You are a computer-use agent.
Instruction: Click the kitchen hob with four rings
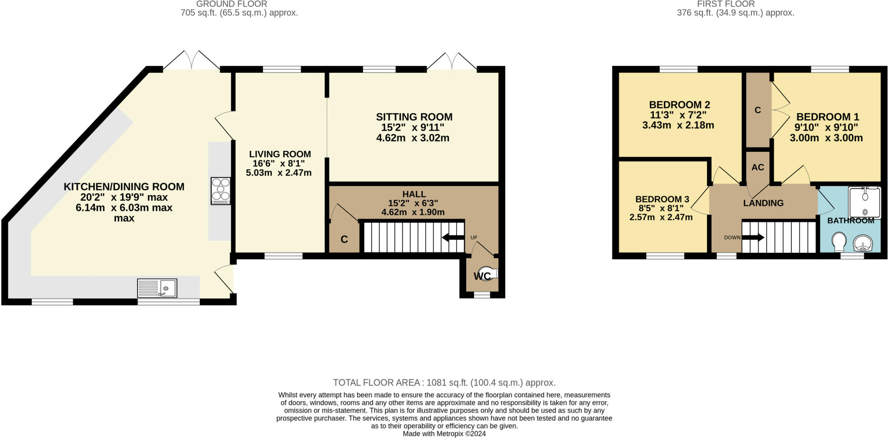point(221,191)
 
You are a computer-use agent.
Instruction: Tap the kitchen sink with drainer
point(157,288)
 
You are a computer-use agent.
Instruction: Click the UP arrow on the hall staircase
point(453,237)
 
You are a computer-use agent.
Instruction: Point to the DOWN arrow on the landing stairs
point(753,237)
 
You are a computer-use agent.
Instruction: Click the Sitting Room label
point(414,117)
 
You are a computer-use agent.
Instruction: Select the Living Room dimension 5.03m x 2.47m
point(279,173)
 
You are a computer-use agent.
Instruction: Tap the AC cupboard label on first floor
point(757,167)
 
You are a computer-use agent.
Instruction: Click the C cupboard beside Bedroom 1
point(757,110)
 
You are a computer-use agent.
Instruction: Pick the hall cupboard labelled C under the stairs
point(344,239)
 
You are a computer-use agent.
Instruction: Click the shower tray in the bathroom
point(865,203)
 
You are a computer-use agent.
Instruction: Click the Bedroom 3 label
point(662,199)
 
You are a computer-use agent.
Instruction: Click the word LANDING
point(763,203)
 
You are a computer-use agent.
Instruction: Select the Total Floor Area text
point(444,382)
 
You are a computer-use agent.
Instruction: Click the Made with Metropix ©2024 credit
point(444,433)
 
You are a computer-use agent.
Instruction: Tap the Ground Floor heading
point(232,4)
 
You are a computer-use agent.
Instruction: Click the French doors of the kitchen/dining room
point(191,61)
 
